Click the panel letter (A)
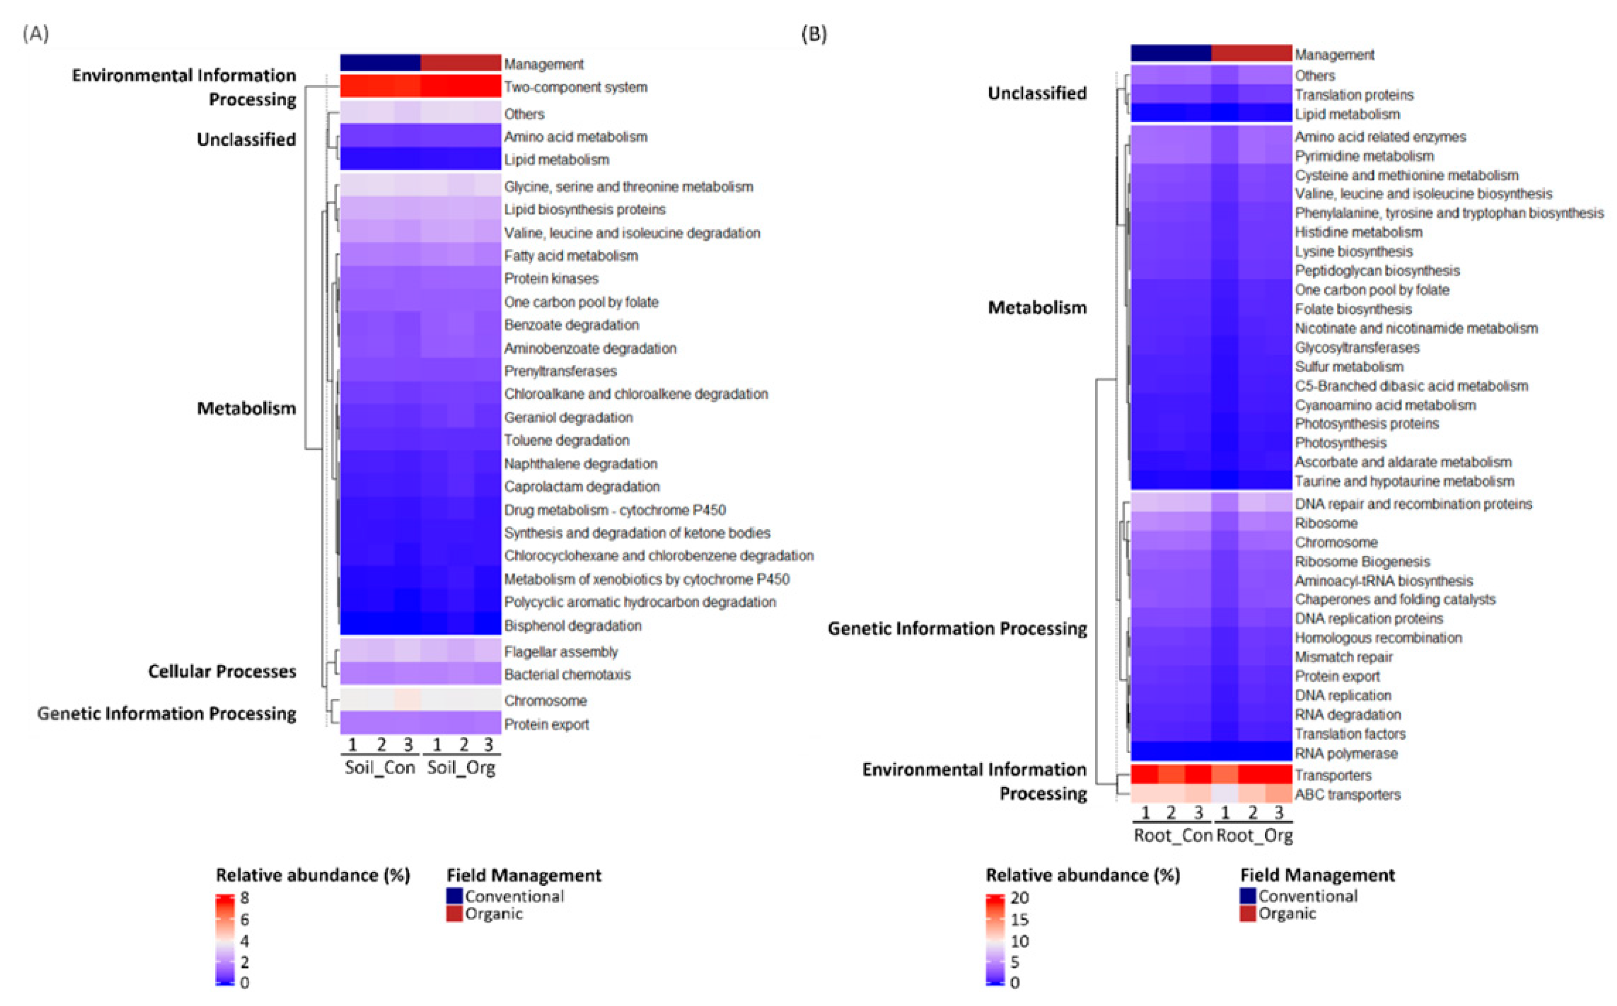(x=36, y=33)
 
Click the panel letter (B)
(x=814, y=33)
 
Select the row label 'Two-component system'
(x=575, y=87)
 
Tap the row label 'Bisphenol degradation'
(x=573, y=625)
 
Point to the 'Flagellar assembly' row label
(x=561, y=651)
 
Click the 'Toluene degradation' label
(x=566, y=440)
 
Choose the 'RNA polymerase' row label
(x=1346, y=753)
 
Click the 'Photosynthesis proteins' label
(x=1366, y=424)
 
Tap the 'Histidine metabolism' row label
(x=1358, y=232)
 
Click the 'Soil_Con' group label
(x=380, y=768)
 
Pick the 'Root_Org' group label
(x=1255, y=836)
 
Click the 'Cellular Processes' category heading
(x=222, y=671)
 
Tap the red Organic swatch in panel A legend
(x=454, y=914)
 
